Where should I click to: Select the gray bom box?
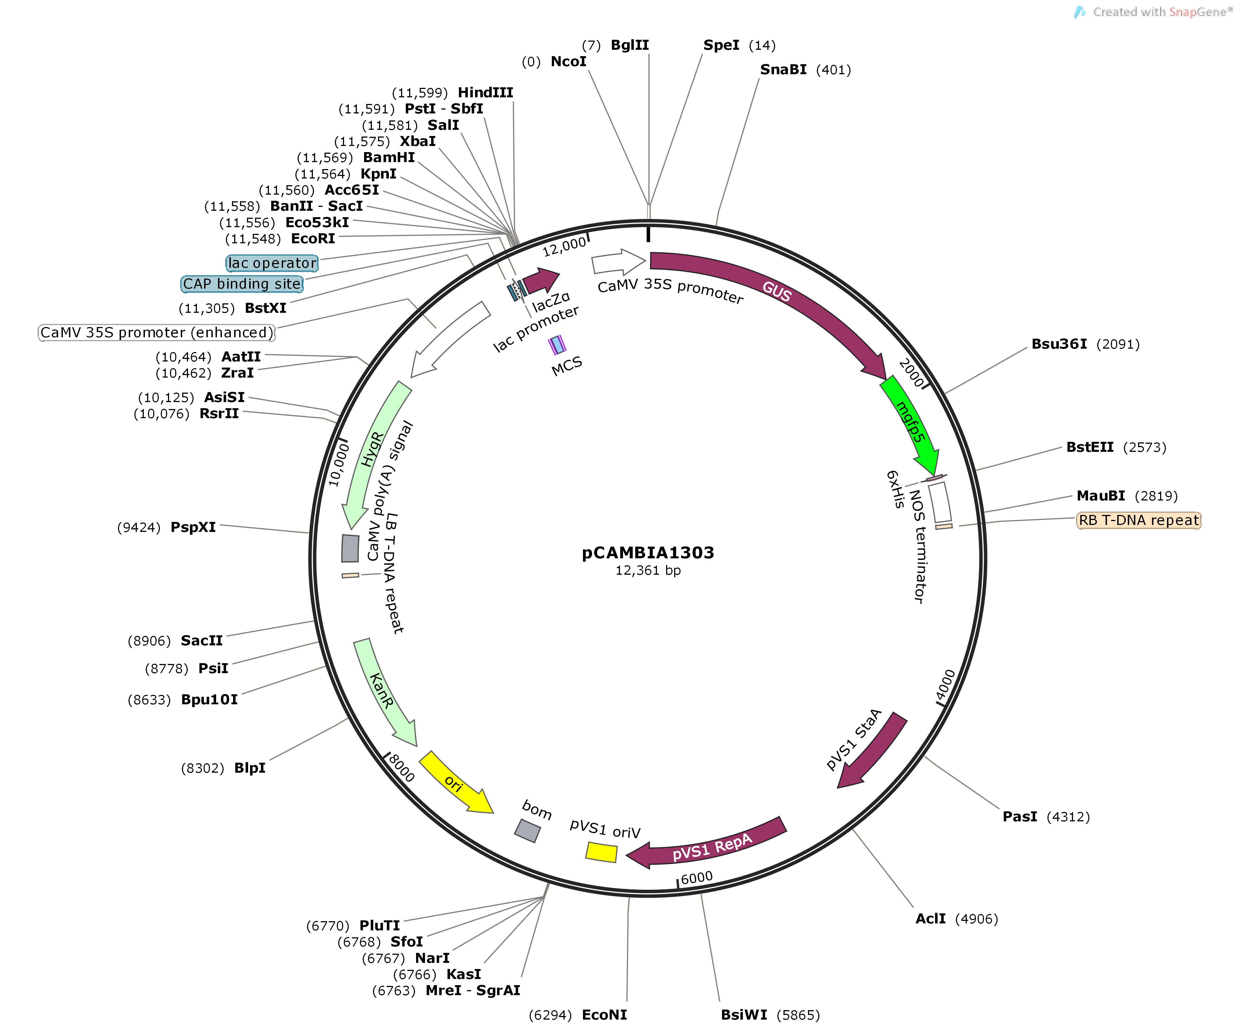coord(527,830)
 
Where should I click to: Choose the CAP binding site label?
coord(242,284)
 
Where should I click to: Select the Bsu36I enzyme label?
coord(1059,344)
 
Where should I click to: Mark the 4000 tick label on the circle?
coord(946,685)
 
